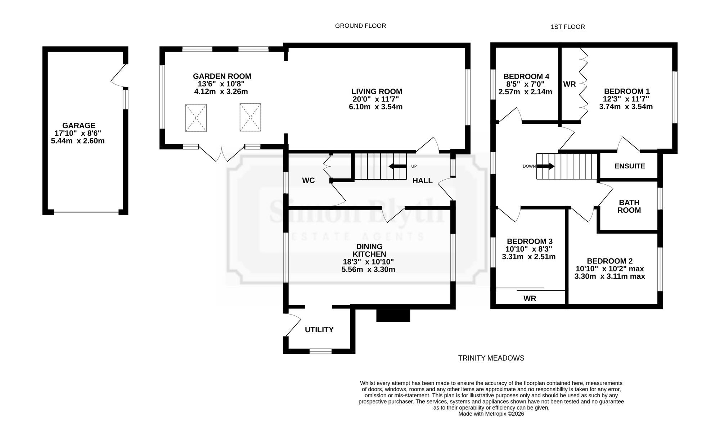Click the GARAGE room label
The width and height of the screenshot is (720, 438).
pos(79,126)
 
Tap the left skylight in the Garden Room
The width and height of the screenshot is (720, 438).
pos(196,118)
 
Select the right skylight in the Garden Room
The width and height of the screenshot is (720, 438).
pos(250,117)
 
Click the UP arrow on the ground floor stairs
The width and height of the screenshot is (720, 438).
pos(397,166)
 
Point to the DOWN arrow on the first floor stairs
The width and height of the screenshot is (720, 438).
pos(546,166)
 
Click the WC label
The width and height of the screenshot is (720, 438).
pos(309,181)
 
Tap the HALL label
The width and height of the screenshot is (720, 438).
pos(422,181)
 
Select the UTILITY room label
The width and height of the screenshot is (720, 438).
pos(319,330)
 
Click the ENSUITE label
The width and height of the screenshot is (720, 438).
pos(630,166)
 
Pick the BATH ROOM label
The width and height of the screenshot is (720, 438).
pos(629,207)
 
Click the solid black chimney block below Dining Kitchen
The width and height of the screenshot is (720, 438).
pos(393,315)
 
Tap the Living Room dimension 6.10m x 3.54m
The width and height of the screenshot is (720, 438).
pos(375,107)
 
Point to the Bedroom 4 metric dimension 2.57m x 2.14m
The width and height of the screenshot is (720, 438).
pos(525,92)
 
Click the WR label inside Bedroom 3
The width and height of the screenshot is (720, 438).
pos(530,299)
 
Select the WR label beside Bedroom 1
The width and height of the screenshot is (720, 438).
pos(570,84)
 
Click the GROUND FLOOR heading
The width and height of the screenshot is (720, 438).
pos(360,26)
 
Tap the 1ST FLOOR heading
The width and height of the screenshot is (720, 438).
pos(568,27)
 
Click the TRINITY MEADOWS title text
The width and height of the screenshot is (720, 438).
pos(491,358)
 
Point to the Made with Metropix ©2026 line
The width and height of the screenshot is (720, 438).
pos(491,414)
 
